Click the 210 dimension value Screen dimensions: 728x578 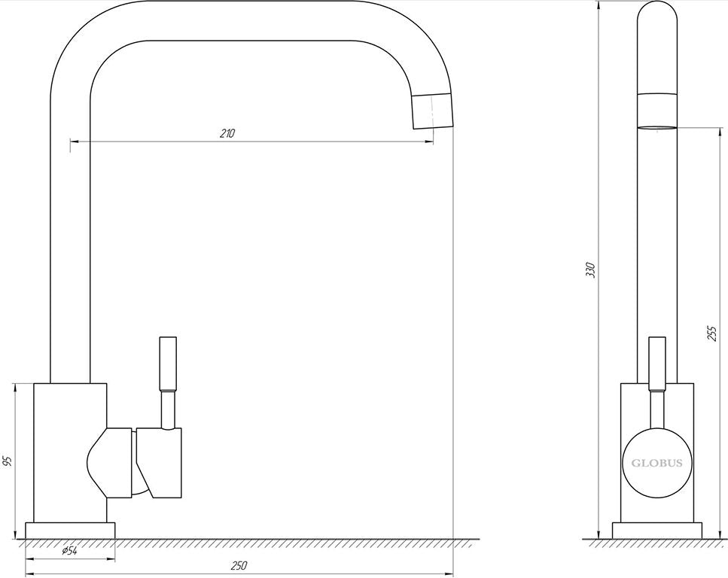point(227,134)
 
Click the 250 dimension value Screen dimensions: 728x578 point(239,565)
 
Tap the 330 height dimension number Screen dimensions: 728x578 point(590,270)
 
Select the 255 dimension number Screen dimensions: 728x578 point(711,333)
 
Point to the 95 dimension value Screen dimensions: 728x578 point(7,461)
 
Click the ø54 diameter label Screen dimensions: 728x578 point(70,551)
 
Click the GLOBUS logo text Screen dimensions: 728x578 point(657,463)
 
